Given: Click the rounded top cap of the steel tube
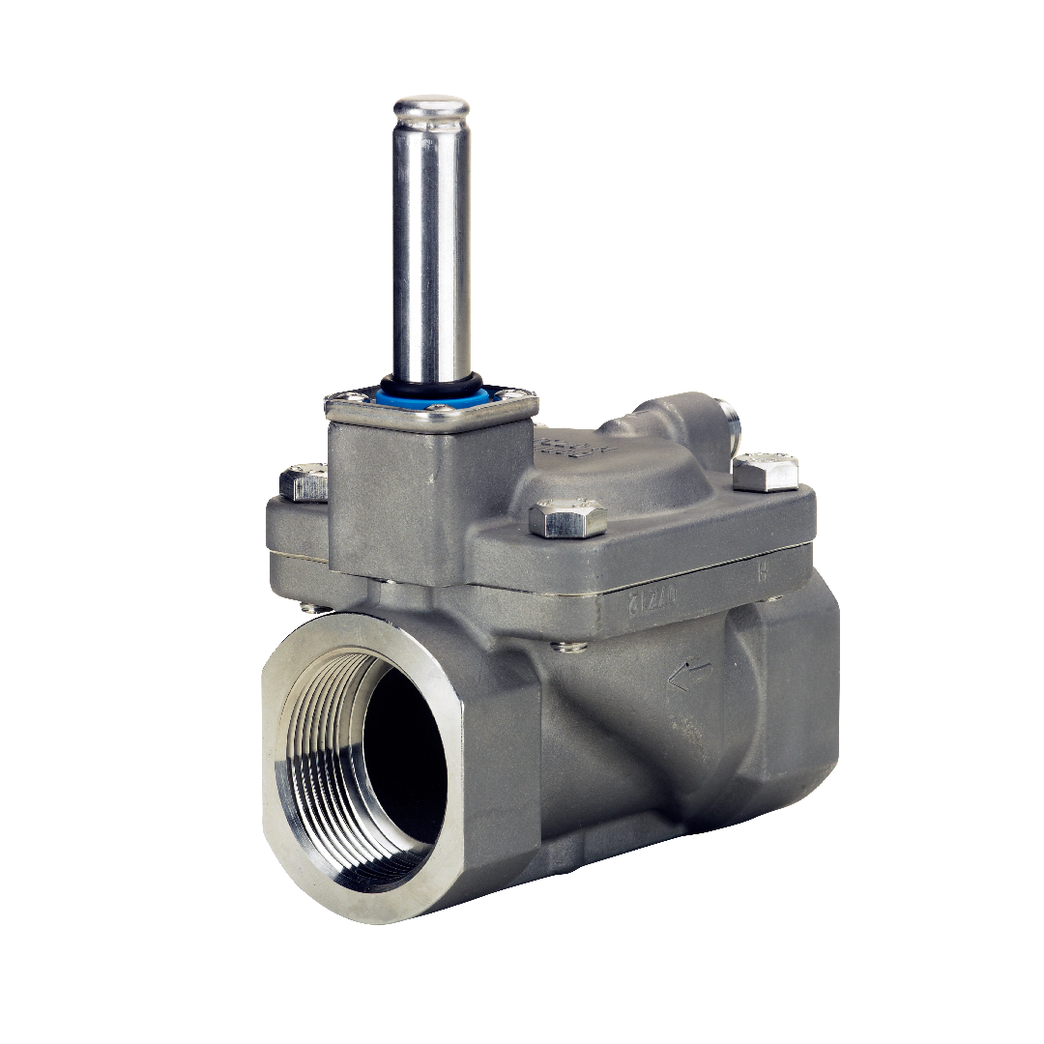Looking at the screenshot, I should click(x=430, y=106).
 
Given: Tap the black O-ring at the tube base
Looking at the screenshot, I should click(x=431, y=380).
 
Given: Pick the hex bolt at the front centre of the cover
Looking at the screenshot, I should click(x=568, y=518).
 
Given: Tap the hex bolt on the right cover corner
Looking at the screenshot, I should click(x=766, y=472).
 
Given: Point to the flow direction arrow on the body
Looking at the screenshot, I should click(x=689, y=674).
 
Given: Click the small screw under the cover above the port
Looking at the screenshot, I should click(x=307, y=607).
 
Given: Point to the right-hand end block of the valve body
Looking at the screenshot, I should click(x=793, y=696).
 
